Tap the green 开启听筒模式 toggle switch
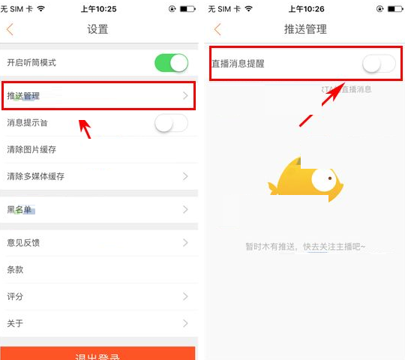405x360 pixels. tap(171, 63)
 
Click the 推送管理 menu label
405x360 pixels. tap(23, 96)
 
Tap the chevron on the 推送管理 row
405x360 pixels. tap(185, 95)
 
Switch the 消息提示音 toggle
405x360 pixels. tap(171, 123)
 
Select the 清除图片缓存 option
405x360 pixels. tap(31, 149)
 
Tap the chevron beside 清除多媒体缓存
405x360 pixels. tap(185, 176)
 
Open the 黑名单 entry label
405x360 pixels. tap(20, 210)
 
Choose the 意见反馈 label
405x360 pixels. tap(23, 242)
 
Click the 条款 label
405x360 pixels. tap(16, 269)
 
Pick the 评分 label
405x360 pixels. tap(16, 296)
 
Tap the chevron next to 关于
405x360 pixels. tap(185, 323)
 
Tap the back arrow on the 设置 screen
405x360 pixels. tap(10, 30)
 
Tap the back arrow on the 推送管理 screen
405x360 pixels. tap(217, 30)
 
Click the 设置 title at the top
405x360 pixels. tap(97, 30)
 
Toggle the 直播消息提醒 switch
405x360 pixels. tap(378, 64)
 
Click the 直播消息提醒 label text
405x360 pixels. tap(238, 64)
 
